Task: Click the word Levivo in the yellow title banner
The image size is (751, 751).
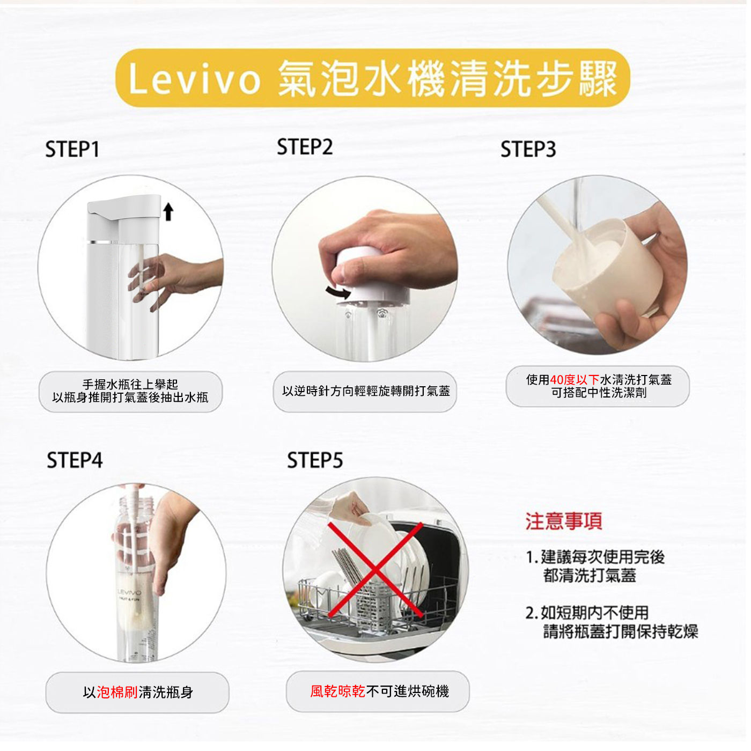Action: [x=194, y=79]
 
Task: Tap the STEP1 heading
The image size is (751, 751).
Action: [x=72, y=149]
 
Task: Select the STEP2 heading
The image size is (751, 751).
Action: [x=305, y=147]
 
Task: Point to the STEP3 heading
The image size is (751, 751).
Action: [x=528, y=149]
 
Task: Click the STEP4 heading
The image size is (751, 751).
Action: [x=75, y=460]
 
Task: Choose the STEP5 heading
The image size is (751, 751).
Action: [x=315, y=460]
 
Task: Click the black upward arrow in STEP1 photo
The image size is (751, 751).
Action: [x=168, y=211]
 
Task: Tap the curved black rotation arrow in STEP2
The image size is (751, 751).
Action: [x=338, y=292]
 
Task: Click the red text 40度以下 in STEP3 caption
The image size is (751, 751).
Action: [x=575, y=380]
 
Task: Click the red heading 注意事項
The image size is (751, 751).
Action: [x=564, y=521]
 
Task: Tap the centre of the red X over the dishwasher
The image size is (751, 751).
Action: [x=375, y=570]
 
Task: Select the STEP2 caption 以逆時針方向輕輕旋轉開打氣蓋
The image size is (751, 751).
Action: [x=366, y=391]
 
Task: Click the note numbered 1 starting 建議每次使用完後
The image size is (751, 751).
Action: [x=595, y=566]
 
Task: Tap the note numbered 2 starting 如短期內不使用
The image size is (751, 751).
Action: [x=612, y=622]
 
